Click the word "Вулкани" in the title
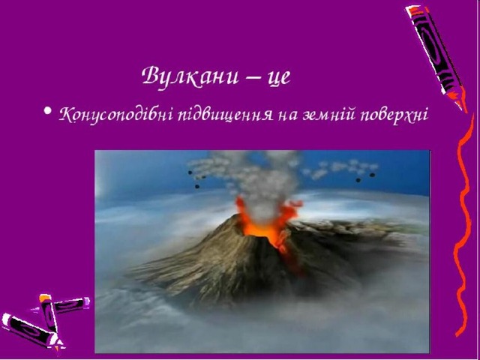click(190, 76)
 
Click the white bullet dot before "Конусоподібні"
click(47, 110)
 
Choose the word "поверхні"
click(394, 116)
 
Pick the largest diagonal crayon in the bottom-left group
click(31, 331)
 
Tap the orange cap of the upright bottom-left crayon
click(45, 298)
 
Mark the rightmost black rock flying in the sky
click(372, 175)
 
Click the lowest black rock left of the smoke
click(197, 186)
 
